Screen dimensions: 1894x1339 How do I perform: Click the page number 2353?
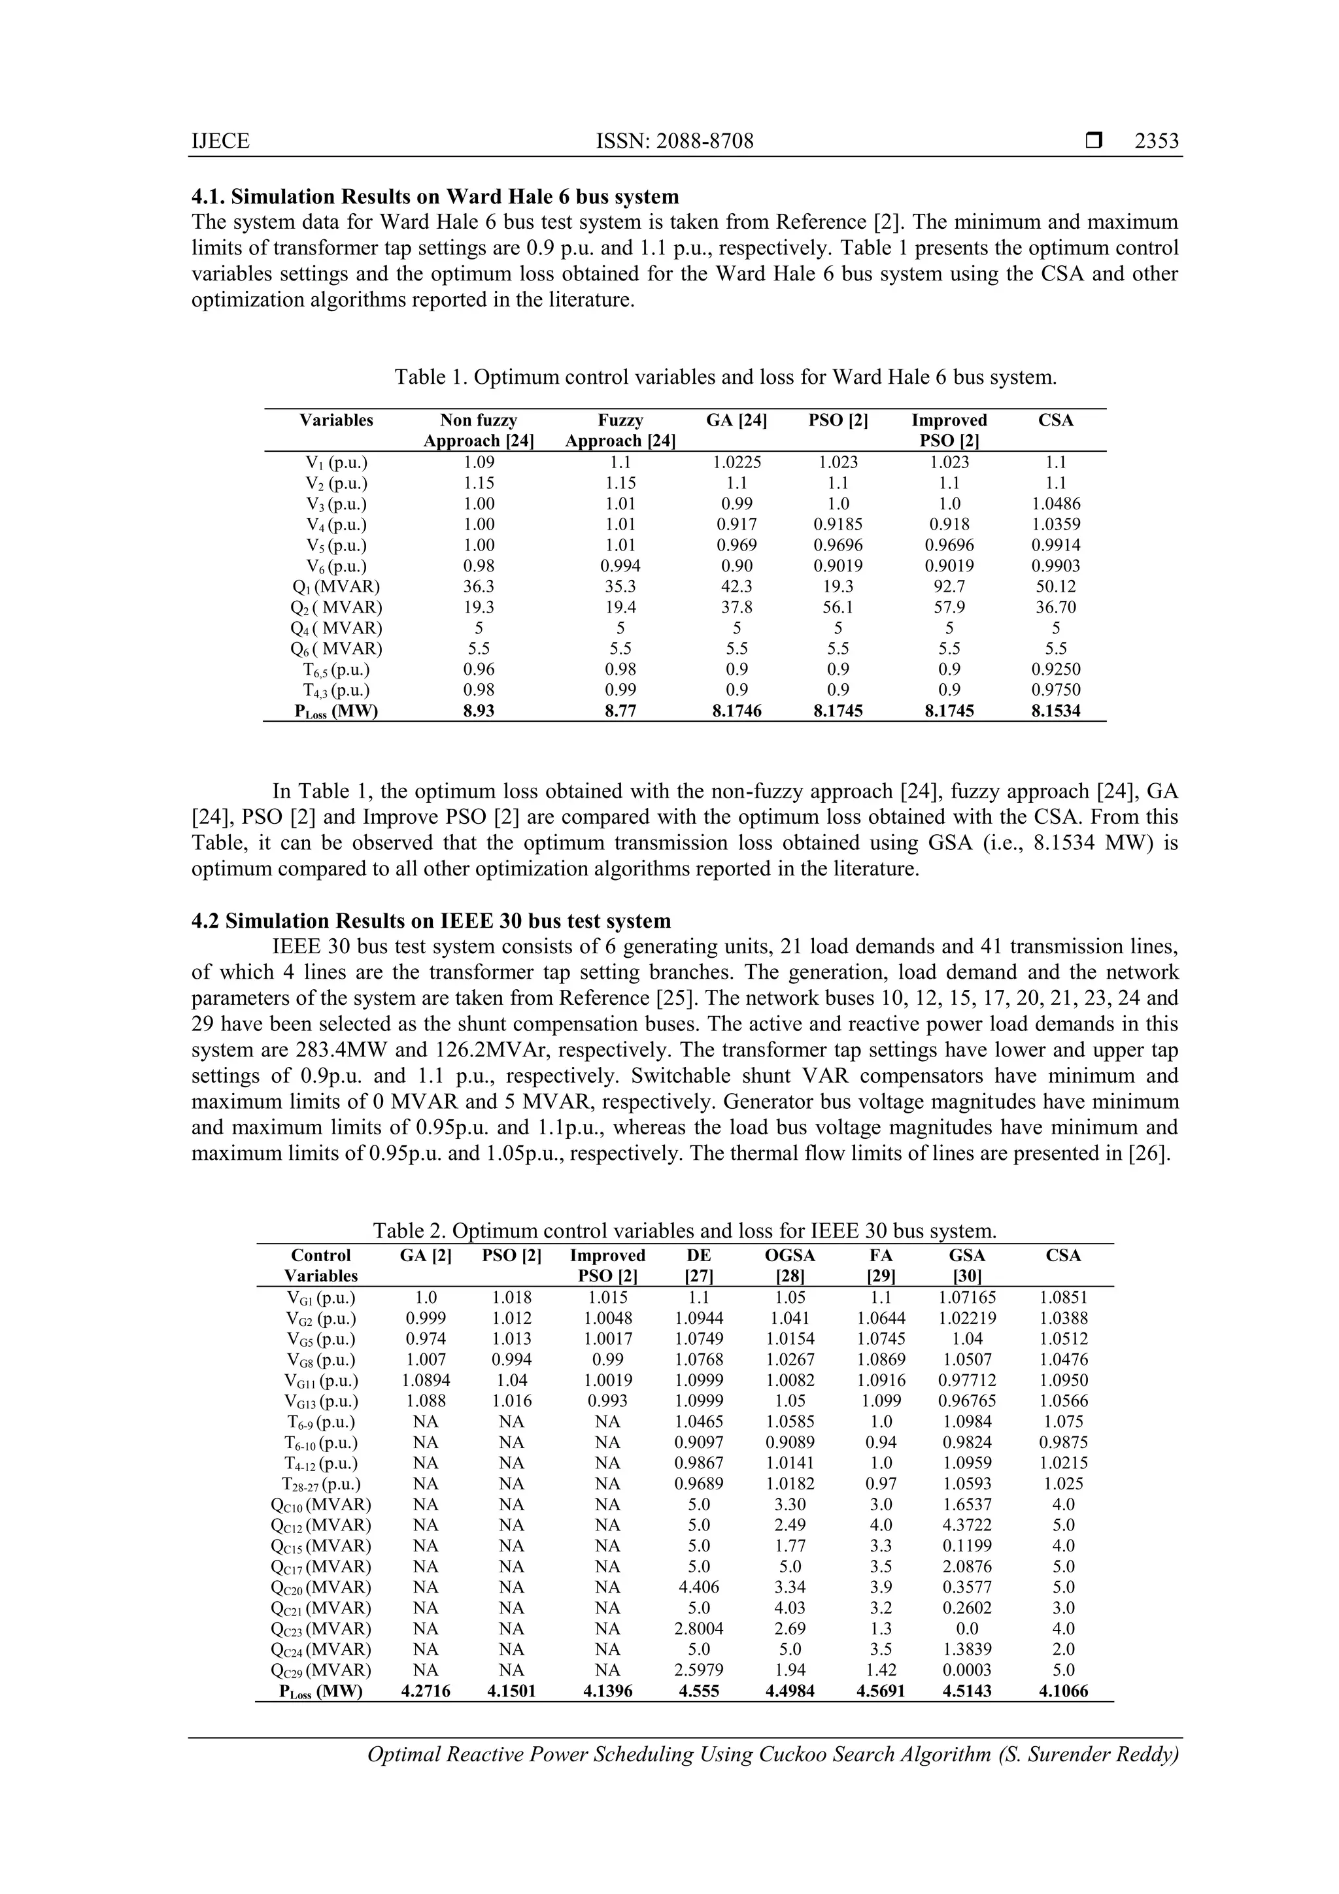tap(1156, 141)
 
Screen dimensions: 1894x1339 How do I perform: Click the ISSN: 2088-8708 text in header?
tap(674, 141)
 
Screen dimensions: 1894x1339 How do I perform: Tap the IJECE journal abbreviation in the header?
tap(220, 141)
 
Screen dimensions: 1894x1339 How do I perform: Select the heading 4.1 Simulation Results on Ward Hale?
tap(435, 197)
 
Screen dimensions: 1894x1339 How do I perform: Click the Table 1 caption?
tap(725, 378)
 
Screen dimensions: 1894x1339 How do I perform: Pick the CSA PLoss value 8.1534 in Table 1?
tap(1055, 711)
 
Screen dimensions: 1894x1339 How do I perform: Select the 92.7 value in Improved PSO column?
tap(949, 586)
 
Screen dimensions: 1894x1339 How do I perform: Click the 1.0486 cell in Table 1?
tap(1055, 504)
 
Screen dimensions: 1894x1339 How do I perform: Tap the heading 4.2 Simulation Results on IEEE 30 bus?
tap(431, 921)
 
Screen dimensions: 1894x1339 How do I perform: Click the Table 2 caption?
tap(684, 1232)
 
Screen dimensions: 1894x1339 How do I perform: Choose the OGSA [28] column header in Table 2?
tap(790, 1266)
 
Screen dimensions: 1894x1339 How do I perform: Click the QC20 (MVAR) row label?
tap(321, 1587)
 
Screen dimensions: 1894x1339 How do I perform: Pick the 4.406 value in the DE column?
tap(699, 1587)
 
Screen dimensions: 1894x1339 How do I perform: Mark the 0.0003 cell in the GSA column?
tap(967, 1670)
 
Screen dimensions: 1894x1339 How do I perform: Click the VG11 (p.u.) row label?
tap(321, 1380)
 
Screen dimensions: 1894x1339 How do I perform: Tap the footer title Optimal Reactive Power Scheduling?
tap(772, 1755)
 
